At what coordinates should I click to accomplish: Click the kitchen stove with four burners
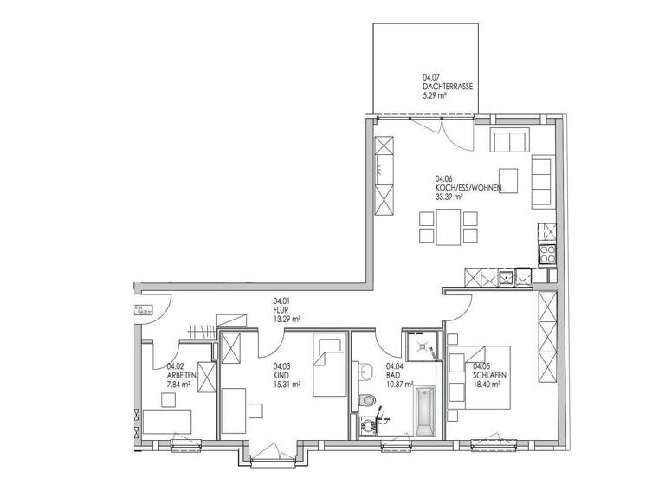point(547,254)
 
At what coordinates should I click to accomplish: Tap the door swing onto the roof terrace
point(451,131)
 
